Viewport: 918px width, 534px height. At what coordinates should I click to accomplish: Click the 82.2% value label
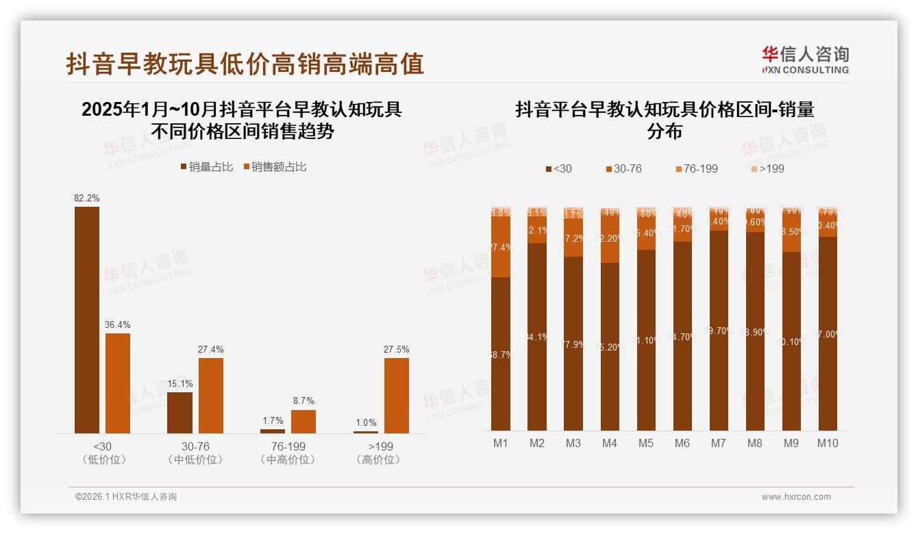(87, 199)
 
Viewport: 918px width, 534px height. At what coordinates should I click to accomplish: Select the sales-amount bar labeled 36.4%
(118, 383)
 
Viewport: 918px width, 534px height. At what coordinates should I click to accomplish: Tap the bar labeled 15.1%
(179, 412)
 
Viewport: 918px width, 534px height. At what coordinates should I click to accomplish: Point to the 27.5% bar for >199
(396, 395)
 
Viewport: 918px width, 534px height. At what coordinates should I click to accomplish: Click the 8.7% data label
(303, 401)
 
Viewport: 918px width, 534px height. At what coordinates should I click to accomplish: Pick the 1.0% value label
(366, 423)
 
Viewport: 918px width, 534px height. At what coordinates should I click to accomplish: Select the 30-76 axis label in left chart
(195, 446)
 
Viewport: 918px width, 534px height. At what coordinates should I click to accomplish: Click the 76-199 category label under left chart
(288, 446)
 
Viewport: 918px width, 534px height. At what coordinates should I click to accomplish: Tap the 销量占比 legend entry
(206, 166)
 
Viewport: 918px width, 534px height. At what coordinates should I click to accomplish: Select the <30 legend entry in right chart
(558, 168)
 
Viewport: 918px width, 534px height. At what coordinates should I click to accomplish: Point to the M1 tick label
(501, 443)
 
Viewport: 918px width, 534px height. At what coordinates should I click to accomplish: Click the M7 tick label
(718, 443)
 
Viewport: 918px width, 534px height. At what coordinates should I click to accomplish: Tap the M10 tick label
(827, 443)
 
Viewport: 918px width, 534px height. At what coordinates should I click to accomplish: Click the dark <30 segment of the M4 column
(610, 346)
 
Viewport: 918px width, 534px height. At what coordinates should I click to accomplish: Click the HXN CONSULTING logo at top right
(806, 60)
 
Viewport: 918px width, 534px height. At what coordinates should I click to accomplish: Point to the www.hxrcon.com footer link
(796, 497)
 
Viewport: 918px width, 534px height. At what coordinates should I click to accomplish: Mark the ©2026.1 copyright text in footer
(126, 497)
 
